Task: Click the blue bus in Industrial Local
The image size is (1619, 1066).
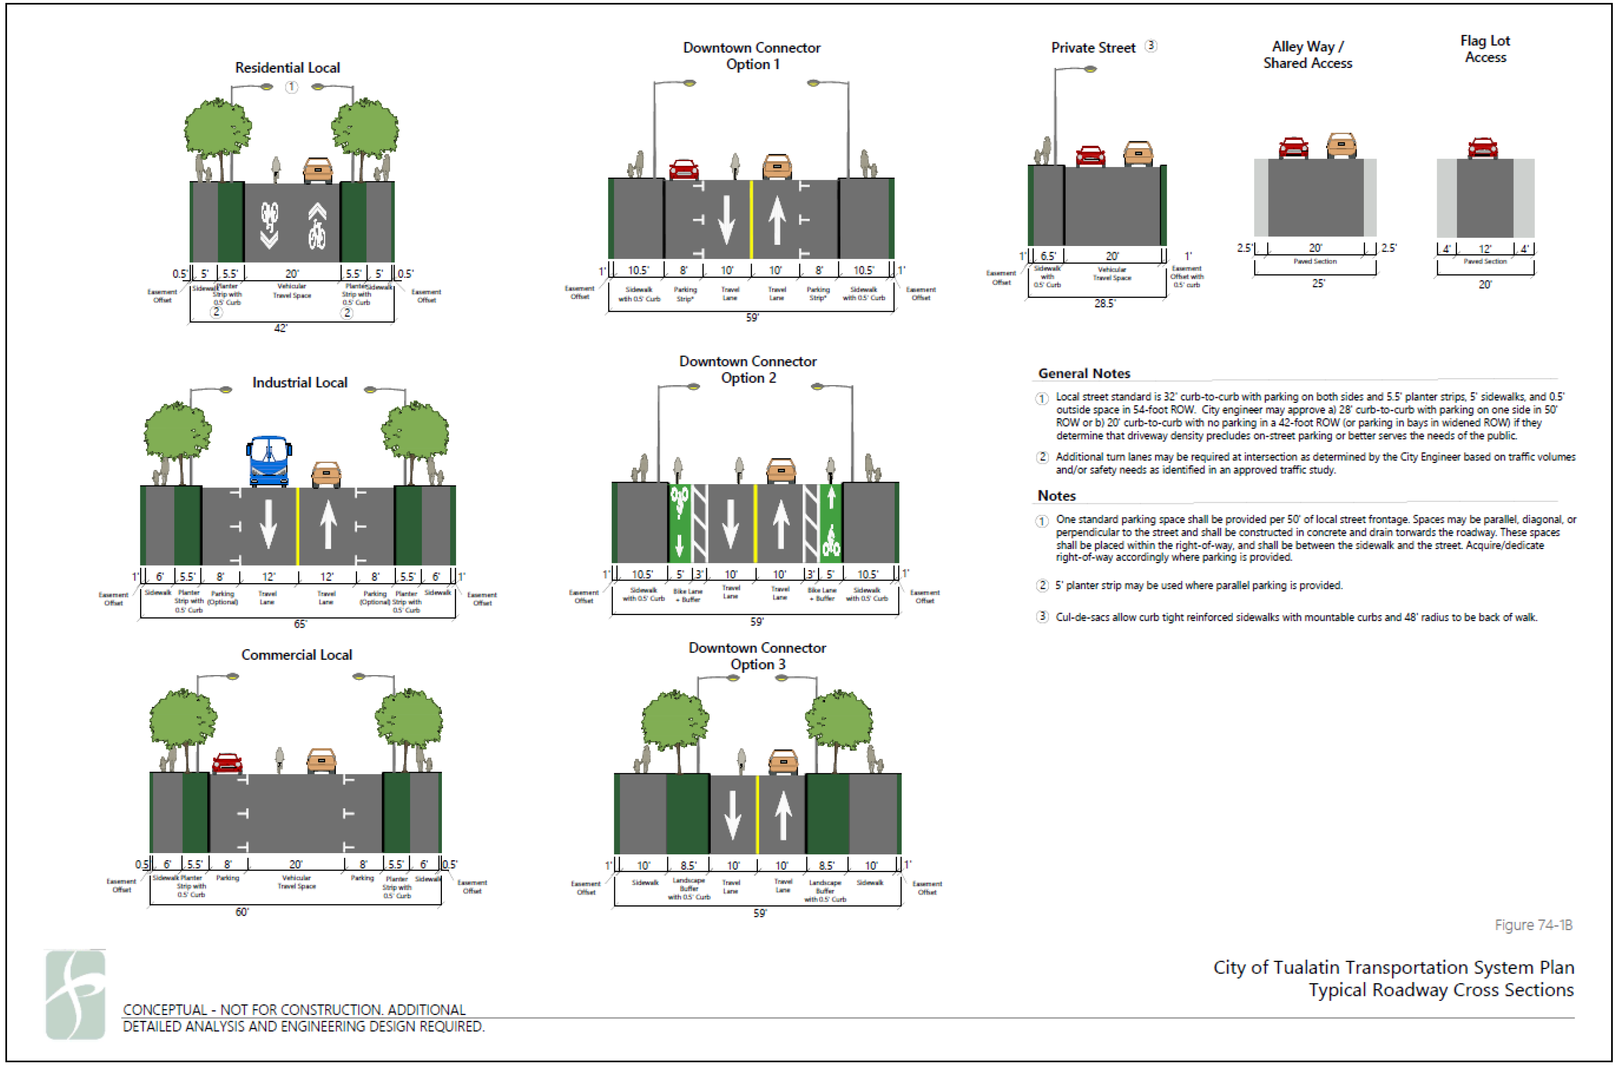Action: click(x=269, y=461)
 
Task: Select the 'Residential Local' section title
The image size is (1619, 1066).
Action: click(x=287, y=68)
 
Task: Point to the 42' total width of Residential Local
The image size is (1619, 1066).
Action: click(x=280, y=328)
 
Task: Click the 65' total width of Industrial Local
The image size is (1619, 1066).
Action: click(x=300, y=624)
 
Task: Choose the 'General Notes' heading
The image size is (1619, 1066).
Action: click(x=1083, y=373)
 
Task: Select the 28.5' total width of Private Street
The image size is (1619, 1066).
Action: click(x=1104, y=304)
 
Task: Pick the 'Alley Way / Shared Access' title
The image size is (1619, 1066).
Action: click(x=1308, y=54)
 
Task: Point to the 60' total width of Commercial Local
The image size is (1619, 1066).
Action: click(x=242, y=912)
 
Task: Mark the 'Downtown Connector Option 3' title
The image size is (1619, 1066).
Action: click(x=757, y=656)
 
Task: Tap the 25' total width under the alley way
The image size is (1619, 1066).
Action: click(x=1317, y=283)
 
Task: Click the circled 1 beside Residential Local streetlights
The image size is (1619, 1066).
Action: click(x=291, y=87)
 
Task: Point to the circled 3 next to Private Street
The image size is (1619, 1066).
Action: click(x=1150, y=46)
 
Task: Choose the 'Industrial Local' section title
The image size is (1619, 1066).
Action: click(x=299, y=382)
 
